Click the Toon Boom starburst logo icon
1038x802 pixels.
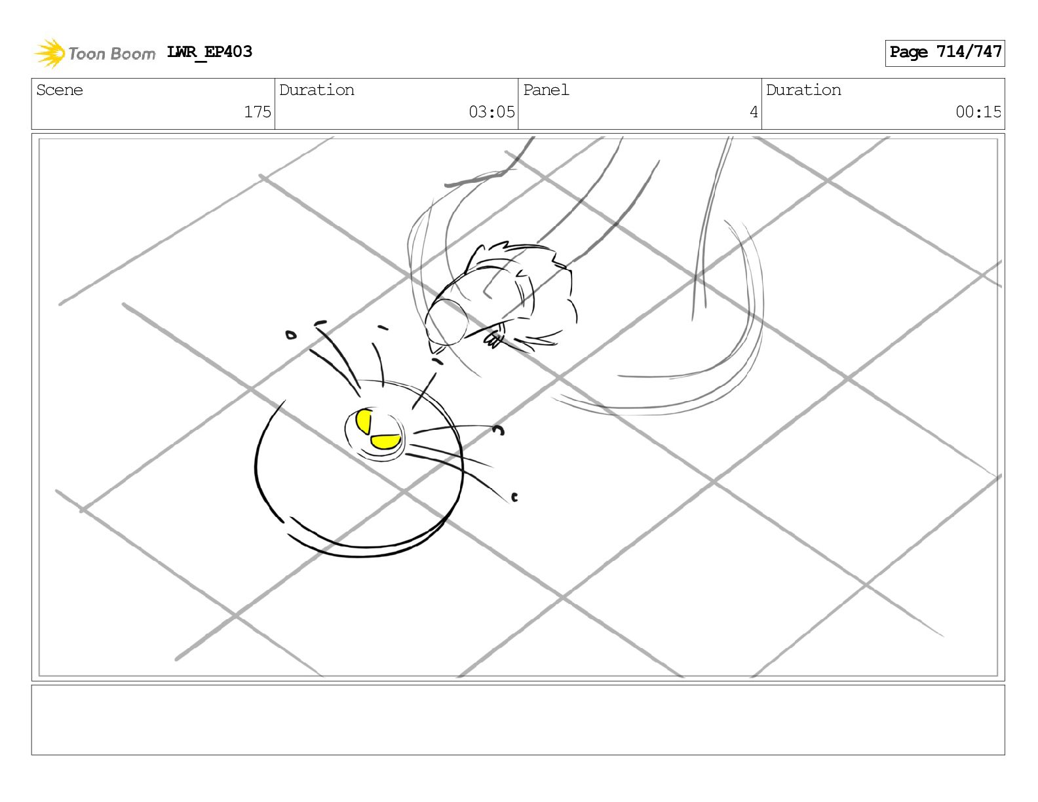click(49, 53)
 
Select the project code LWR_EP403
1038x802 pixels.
click(209, 52)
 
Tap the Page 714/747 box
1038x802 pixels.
click(945, 53)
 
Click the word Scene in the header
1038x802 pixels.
click(59, 90)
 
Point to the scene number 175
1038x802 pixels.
click(258, 112)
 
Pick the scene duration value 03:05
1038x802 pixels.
click(491, 112)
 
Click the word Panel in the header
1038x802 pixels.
click(546, 90)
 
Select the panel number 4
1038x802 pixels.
click(754, 112)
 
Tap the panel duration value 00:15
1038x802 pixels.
click(978, 112)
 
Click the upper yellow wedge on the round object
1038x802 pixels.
click(364, 421)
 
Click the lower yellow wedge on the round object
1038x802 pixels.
click(385, 442)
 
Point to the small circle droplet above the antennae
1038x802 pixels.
click(290, 335)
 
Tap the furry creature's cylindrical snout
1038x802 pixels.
click(446, 322)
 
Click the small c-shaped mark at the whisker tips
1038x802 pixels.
click(514, 497)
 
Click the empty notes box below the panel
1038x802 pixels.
click(518, 720)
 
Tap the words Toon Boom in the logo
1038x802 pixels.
click(112, 54)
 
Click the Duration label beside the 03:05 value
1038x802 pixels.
click(317, 90)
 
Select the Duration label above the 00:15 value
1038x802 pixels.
click(803, 90)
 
